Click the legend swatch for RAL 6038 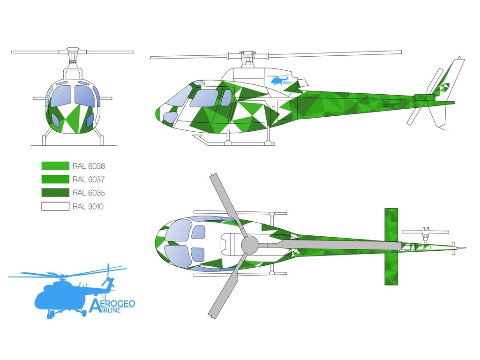coord(55,166)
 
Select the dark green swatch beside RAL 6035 coord(55,193)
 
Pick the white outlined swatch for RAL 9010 coord(55,206)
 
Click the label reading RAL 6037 coord(89,180)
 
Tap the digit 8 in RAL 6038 coord(102,166)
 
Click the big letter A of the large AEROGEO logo coord(94,306)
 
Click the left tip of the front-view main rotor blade coord(12,52)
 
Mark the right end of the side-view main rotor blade coord(401,52)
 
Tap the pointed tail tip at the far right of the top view coord(466,247)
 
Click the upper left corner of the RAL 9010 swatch coord(42,202)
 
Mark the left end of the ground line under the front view coord(31,145)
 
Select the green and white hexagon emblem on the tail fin coord(443,88)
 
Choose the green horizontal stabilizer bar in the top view coord(391,247)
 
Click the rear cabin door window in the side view coord(226,97)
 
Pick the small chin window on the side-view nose coord(170,117)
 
